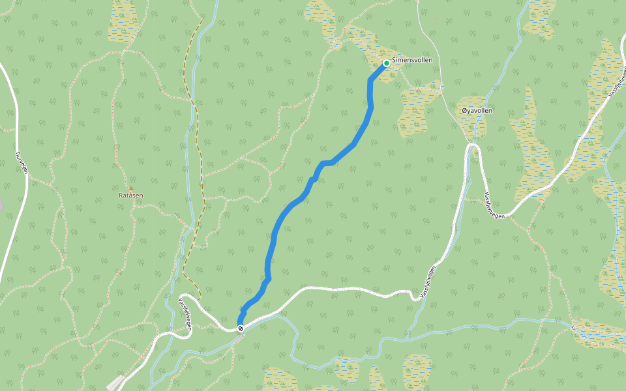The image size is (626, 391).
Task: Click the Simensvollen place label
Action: (412, 60)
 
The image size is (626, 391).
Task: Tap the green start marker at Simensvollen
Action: (387, 63)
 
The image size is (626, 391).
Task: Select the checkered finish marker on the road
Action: (241, 328)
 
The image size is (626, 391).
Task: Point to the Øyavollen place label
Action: (477, 111)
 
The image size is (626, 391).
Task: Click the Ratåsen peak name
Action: (130, 195)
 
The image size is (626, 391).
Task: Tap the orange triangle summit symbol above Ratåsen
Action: (130, 188)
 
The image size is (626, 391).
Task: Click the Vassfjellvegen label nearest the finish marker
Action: (185, 313)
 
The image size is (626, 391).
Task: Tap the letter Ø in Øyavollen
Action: (464, 111)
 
